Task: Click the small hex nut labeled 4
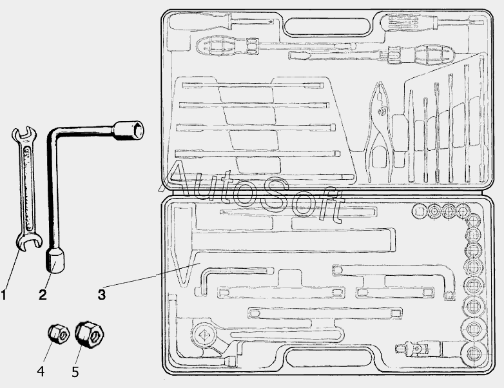59,334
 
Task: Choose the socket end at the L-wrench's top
129,130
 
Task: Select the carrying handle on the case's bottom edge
329,356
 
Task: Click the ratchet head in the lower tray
204,335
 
